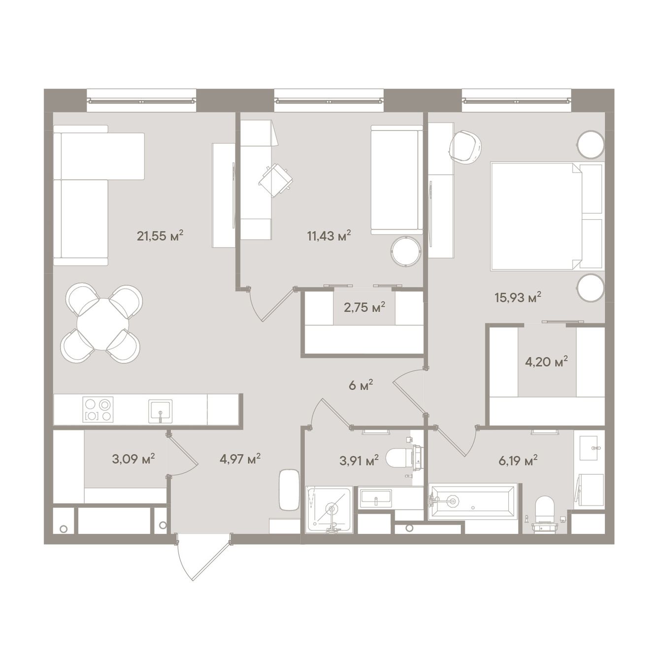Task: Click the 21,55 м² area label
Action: [160, 235]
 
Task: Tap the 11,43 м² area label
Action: [329, 235]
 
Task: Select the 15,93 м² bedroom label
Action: [518, 297]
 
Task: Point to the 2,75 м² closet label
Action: [364, 307]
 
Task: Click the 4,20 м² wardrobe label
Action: [547, 361]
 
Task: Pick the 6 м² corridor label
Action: [361, 386]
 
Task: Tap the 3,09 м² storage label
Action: [133, 459]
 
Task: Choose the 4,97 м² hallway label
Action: [240, 459]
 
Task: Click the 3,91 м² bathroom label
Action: [359, 460]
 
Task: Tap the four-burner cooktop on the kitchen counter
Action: [98, 410]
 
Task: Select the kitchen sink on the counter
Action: [160, 411]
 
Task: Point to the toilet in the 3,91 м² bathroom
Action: [404, 459]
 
